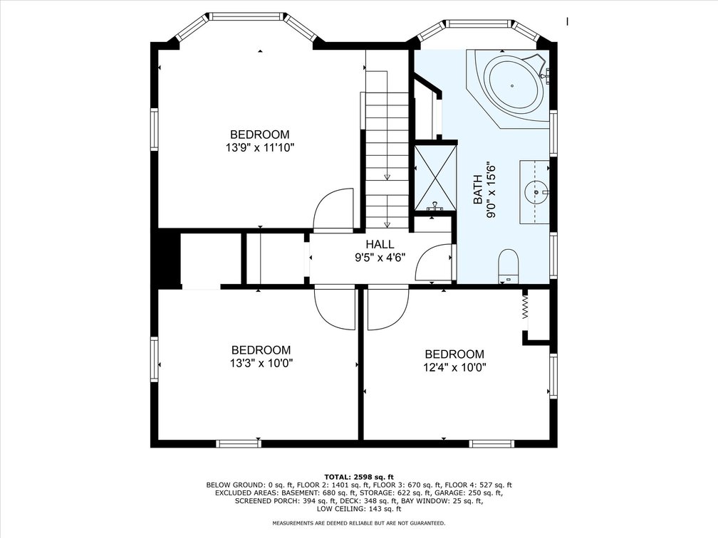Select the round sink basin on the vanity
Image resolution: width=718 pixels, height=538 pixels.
coord(536,193)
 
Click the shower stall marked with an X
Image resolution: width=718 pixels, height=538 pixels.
coord(435,177)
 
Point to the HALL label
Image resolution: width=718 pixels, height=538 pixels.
coord(380,244)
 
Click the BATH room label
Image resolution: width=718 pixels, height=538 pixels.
coord(477,190)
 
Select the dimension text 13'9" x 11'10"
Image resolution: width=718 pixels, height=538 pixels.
coord(259,148)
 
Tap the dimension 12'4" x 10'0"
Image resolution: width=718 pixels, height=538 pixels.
coord(454,367)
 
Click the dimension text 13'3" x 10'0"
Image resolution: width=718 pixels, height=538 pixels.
coord(261,363)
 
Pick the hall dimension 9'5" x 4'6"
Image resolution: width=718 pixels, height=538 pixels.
coord(380,258)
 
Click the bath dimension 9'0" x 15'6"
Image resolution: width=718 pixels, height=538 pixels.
coord(491,190)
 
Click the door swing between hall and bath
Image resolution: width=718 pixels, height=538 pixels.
coord(434,263)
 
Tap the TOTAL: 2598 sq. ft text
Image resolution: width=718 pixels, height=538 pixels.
coord(358,476)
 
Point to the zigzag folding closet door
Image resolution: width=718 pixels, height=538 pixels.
coord(525,307)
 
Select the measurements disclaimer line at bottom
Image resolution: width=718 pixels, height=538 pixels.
coord(358,522)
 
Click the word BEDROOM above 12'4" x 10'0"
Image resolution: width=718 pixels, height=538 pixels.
coord(454,354)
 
